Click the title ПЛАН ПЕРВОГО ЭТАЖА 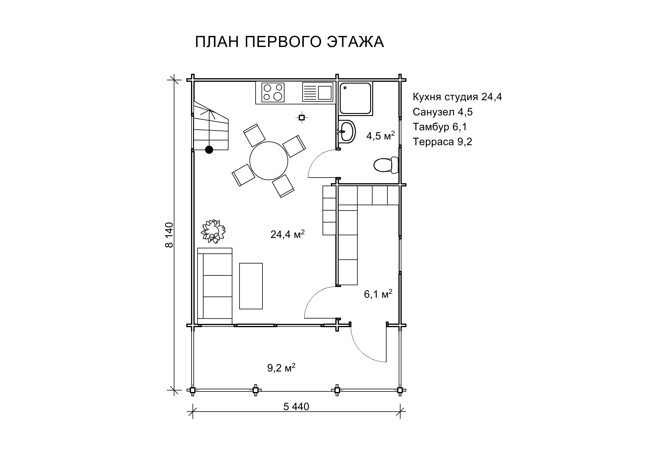[289, 42]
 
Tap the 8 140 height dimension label [169, 235]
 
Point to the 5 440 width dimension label [296, 407]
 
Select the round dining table [269, 161]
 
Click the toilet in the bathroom [386, 165]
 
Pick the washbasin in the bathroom [347, 131]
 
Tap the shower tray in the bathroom [356, 98]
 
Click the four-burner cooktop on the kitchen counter [273, 92]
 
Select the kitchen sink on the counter [317, 92]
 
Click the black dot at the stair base [209, 150]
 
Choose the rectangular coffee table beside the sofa [251, 286]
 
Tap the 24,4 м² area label [287, 234]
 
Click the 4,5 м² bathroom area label [380, 136]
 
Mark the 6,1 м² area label [378, 294]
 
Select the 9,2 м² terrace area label [281, 368]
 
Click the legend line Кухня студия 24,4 [457, 97]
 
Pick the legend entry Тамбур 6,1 [440, 127]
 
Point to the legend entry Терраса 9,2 [442, 142]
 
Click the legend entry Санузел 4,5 [443, 112]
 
